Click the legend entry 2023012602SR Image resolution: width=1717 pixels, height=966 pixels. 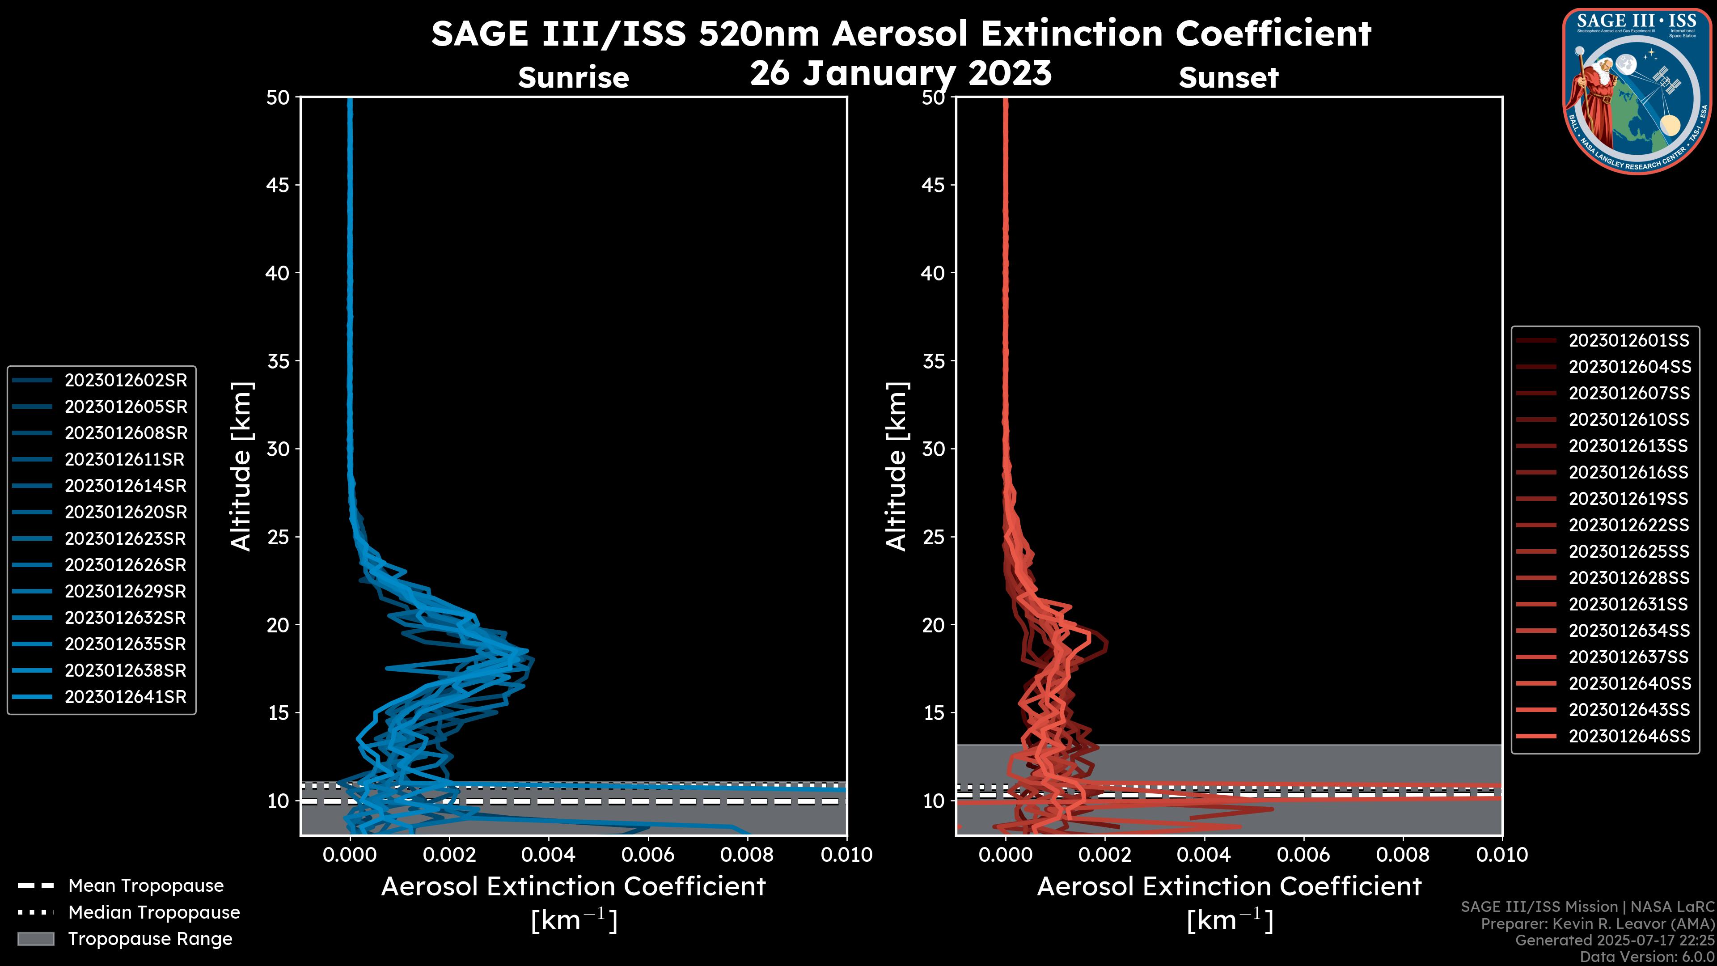coord(125,380)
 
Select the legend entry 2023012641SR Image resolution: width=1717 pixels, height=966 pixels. coord(125,697)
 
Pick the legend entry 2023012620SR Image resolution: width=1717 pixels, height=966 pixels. coord(125,512)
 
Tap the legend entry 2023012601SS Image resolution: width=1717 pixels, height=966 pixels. coord(1628,341)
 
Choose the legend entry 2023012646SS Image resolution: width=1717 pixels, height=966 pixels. coord(1628,736)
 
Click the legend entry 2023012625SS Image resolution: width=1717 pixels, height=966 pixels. coord(1628,551)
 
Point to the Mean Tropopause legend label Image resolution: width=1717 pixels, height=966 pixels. coord(145,885)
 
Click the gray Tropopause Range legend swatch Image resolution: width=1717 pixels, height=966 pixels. coord(35,939)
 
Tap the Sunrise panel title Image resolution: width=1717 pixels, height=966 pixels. coord(573,78)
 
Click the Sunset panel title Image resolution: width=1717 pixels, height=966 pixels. coord(1228,78)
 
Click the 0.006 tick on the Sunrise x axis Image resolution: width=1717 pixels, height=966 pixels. coord(648,855)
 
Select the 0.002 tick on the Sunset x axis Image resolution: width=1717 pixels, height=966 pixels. coord(1105,855)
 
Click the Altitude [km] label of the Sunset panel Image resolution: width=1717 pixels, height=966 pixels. coord(897,466)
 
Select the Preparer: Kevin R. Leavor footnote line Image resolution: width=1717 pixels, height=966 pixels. coord(1597,924)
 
